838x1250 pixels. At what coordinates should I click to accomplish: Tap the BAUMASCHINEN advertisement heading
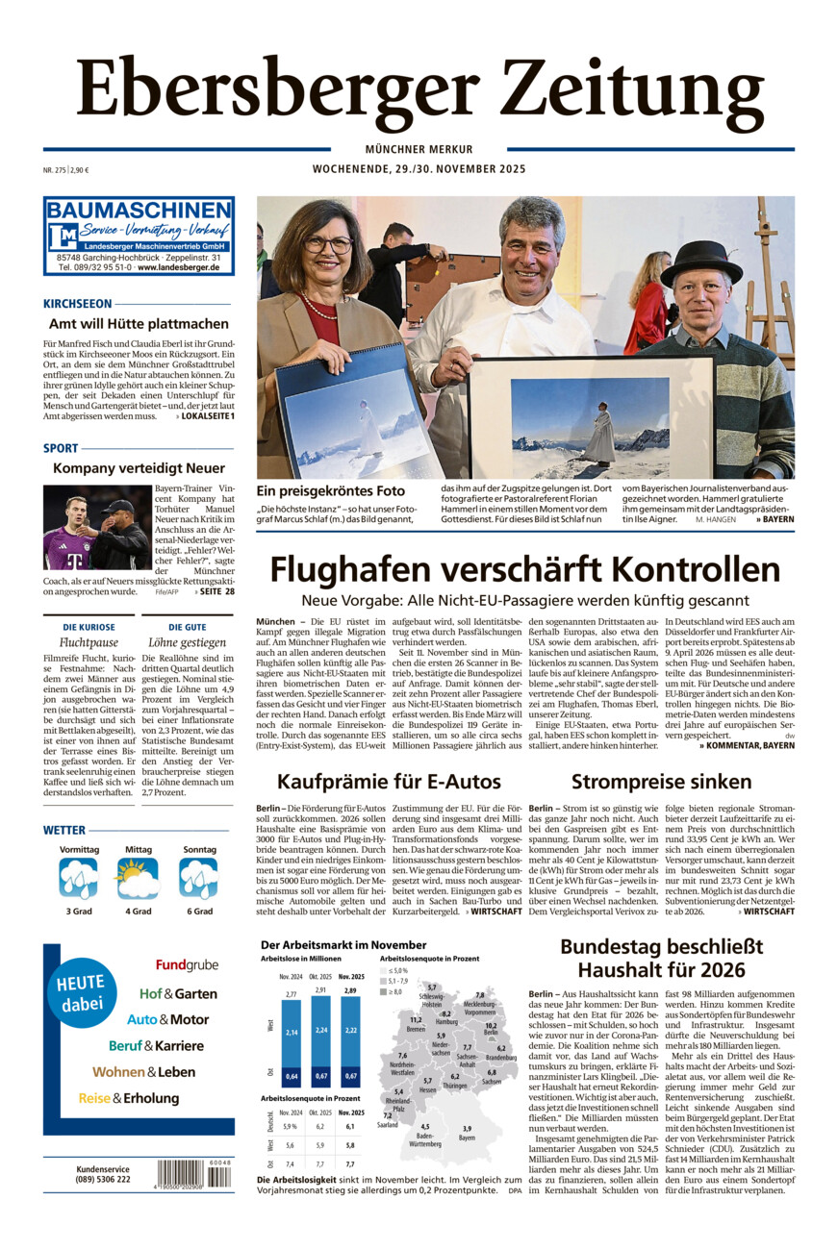click(139, 210)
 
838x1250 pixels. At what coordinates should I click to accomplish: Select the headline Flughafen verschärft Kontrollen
click(524, 570)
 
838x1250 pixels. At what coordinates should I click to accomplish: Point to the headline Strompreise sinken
click(661, 781)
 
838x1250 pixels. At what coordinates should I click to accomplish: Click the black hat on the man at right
click(701, 261)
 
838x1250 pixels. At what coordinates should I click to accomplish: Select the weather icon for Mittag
click(138, 877)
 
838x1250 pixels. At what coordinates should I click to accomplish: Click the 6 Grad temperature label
click(198, 911)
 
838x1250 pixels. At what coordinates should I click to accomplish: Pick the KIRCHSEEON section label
click(78, 303)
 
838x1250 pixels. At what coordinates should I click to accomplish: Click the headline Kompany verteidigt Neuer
click(139, 468)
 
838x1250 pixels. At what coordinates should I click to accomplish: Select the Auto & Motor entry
click(167, 1019)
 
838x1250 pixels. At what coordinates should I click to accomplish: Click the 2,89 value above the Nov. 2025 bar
click(350, 989)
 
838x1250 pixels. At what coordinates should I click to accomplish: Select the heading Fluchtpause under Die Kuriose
click(89, 641)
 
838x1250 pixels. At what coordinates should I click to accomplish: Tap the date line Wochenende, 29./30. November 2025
click(419, 169)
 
